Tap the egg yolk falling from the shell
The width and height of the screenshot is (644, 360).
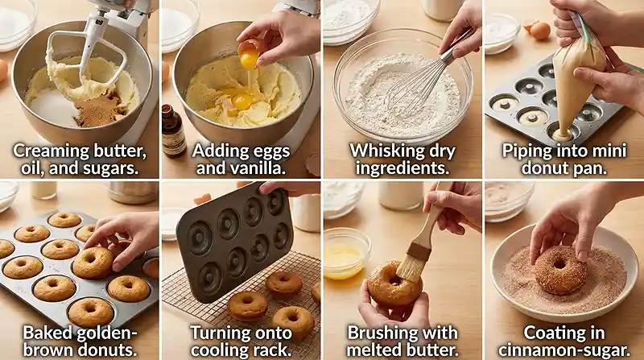pos(249,60)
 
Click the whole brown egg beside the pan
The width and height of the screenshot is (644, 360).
pos(539,31)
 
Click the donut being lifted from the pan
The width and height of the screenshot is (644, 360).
pos(93,263)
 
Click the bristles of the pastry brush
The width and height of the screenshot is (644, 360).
pos(411,267)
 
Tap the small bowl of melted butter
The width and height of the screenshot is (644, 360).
pos(346,253)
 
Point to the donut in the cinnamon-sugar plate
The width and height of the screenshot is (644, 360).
pos(559,270)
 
